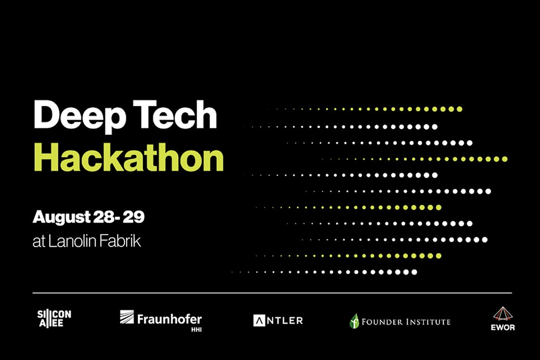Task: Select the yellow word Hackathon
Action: click(x=129, y=157)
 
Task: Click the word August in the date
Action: click(x=62, y=218)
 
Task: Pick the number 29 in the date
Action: click(x=134, y=217)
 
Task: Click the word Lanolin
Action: click(x=72, y=241)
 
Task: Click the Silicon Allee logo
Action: click(x=54, y=319)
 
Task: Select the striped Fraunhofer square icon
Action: click(x=127, y=317)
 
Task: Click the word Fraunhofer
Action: click(x=170, y=319)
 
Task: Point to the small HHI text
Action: click(x=197, y=329)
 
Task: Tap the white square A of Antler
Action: click(x=259, y=321)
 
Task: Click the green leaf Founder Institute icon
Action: click(x=354, y=321)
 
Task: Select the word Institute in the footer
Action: click(x=428, y=322)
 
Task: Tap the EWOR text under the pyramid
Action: click(x=503, y=328)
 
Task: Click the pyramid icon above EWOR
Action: click(x=503, y=314)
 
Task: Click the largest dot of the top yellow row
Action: click(x=459, y=109)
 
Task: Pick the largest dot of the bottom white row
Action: click(x=414, y=272)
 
